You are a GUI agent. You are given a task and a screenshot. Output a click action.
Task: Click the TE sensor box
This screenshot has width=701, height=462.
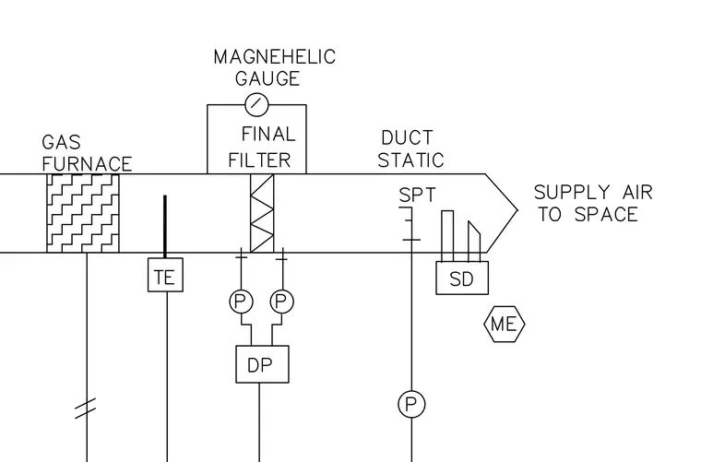click(165, 275)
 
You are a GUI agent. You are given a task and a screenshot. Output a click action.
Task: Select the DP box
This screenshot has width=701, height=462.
click(263, 364)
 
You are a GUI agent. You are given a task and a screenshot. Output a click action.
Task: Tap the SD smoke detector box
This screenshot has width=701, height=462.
click(462, 278)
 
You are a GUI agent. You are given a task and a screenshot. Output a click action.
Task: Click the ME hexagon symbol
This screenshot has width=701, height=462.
click(505, 324)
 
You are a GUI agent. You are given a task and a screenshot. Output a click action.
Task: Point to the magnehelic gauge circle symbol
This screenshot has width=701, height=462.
click(257, 104)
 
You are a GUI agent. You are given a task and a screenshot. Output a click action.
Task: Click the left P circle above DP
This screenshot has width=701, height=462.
click(242, 302)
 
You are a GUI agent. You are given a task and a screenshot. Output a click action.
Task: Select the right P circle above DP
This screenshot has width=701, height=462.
click(281, 302)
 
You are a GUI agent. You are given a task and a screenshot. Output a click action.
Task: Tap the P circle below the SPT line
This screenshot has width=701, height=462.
click(411, 404)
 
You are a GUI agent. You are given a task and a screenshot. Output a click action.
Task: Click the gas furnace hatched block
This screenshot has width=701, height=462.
click(83, 213)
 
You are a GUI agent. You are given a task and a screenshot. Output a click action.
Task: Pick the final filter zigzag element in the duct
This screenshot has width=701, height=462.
click(262, 213)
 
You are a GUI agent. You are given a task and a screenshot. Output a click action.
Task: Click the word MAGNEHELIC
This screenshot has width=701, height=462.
click(275, 57)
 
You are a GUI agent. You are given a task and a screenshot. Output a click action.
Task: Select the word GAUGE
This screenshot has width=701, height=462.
click(267, 78)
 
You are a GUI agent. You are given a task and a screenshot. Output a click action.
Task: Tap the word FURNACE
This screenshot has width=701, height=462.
click(88, 164)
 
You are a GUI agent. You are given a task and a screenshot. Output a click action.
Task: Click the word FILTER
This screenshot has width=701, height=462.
click(259, 160)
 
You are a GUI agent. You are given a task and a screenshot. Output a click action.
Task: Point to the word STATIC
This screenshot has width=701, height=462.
click(410, 160)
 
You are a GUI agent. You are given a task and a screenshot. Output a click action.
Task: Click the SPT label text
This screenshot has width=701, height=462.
click(417, 195)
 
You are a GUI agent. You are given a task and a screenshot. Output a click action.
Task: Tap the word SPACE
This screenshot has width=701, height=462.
click(606, 214)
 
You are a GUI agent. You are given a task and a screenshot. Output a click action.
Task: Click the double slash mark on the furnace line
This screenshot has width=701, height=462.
click(85, 408)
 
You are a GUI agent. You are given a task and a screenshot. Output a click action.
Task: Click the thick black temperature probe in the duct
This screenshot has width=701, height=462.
click(165, 227)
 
